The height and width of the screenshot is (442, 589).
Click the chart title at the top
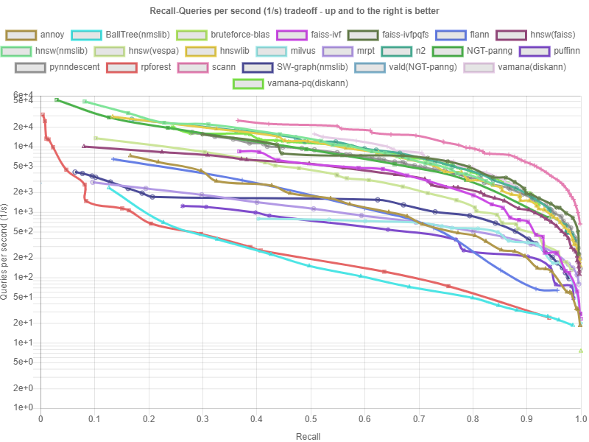point(294,11)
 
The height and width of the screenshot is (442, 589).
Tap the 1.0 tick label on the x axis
point(580,418)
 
